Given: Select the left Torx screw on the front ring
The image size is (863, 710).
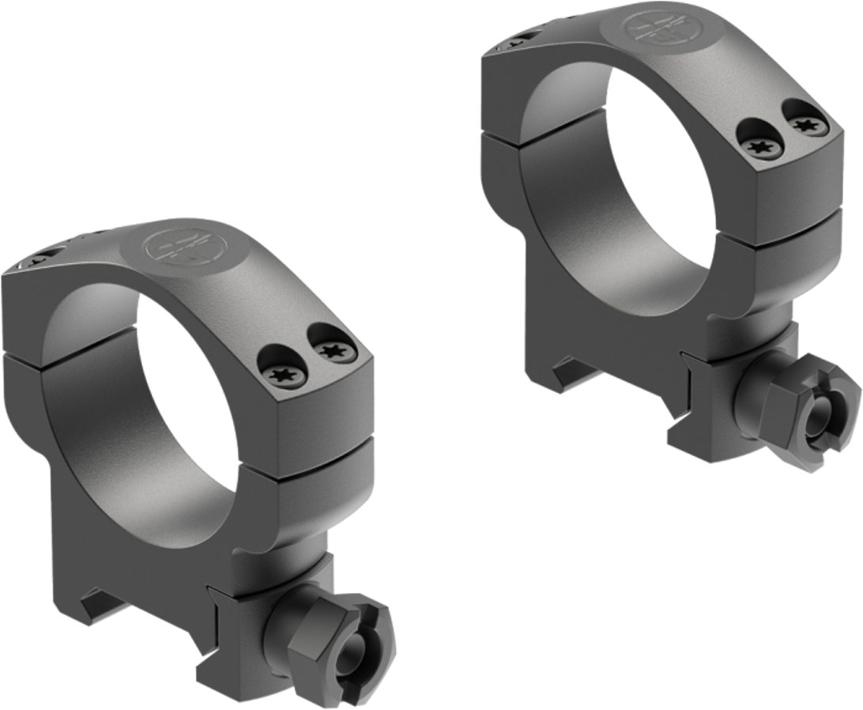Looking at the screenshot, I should (280, 372).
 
